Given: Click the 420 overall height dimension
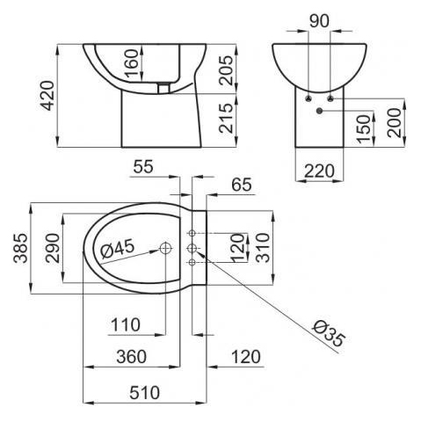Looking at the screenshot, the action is pos(47,96).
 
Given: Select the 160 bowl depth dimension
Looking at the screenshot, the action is pos(131,62).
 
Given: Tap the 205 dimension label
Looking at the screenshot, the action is pos(227,70).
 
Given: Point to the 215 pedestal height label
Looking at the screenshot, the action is pos(227,118).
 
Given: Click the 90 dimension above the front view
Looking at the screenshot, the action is pos(319,21).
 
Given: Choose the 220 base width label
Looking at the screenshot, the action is pos(319,171).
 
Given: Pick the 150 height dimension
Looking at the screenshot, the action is pos(364,129).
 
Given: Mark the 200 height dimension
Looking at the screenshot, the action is pos(394,123).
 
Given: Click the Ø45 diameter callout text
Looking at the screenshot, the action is pos(117,249).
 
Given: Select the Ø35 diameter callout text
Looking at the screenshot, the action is pos(328,333).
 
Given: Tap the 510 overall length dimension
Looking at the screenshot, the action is pos(145,393).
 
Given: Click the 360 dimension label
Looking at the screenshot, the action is pos(131,357).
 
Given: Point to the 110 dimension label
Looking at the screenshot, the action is pos(126,324).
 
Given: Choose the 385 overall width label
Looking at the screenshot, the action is pos(21,248).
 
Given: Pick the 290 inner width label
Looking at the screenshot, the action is pos(53,248).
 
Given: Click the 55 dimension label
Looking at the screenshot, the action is pos(143,167).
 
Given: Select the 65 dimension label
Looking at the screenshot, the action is pos(242,185).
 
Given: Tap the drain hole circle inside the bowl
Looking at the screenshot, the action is pos(165,248).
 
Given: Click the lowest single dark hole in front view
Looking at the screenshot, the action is pos(319,111).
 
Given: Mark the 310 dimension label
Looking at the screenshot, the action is pos(263,248).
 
